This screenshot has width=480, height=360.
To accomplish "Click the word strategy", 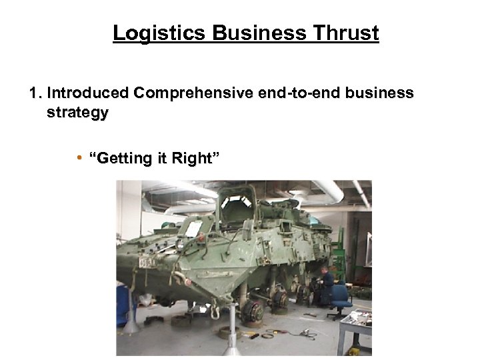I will pyautogui.click(x=77, y=113).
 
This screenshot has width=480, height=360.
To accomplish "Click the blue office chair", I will pyautogui.click(x=341, y=298).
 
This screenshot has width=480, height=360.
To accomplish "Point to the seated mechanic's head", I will pyautogui.click(x=325, y=272).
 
